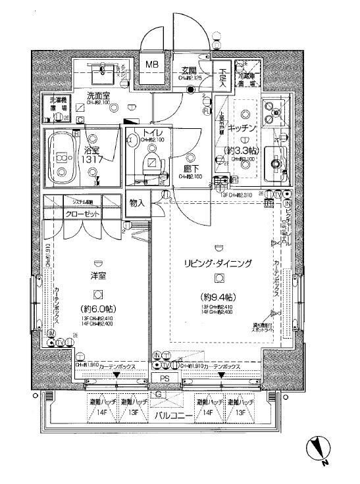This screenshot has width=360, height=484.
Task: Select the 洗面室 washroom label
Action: point(97,95)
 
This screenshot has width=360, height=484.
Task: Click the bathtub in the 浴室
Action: point(63,158)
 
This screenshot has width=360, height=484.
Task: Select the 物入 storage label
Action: point(137,203)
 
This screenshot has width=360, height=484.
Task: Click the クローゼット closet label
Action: point(83,214)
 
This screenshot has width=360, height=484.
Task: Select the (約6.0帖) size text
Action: point(97,309)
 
